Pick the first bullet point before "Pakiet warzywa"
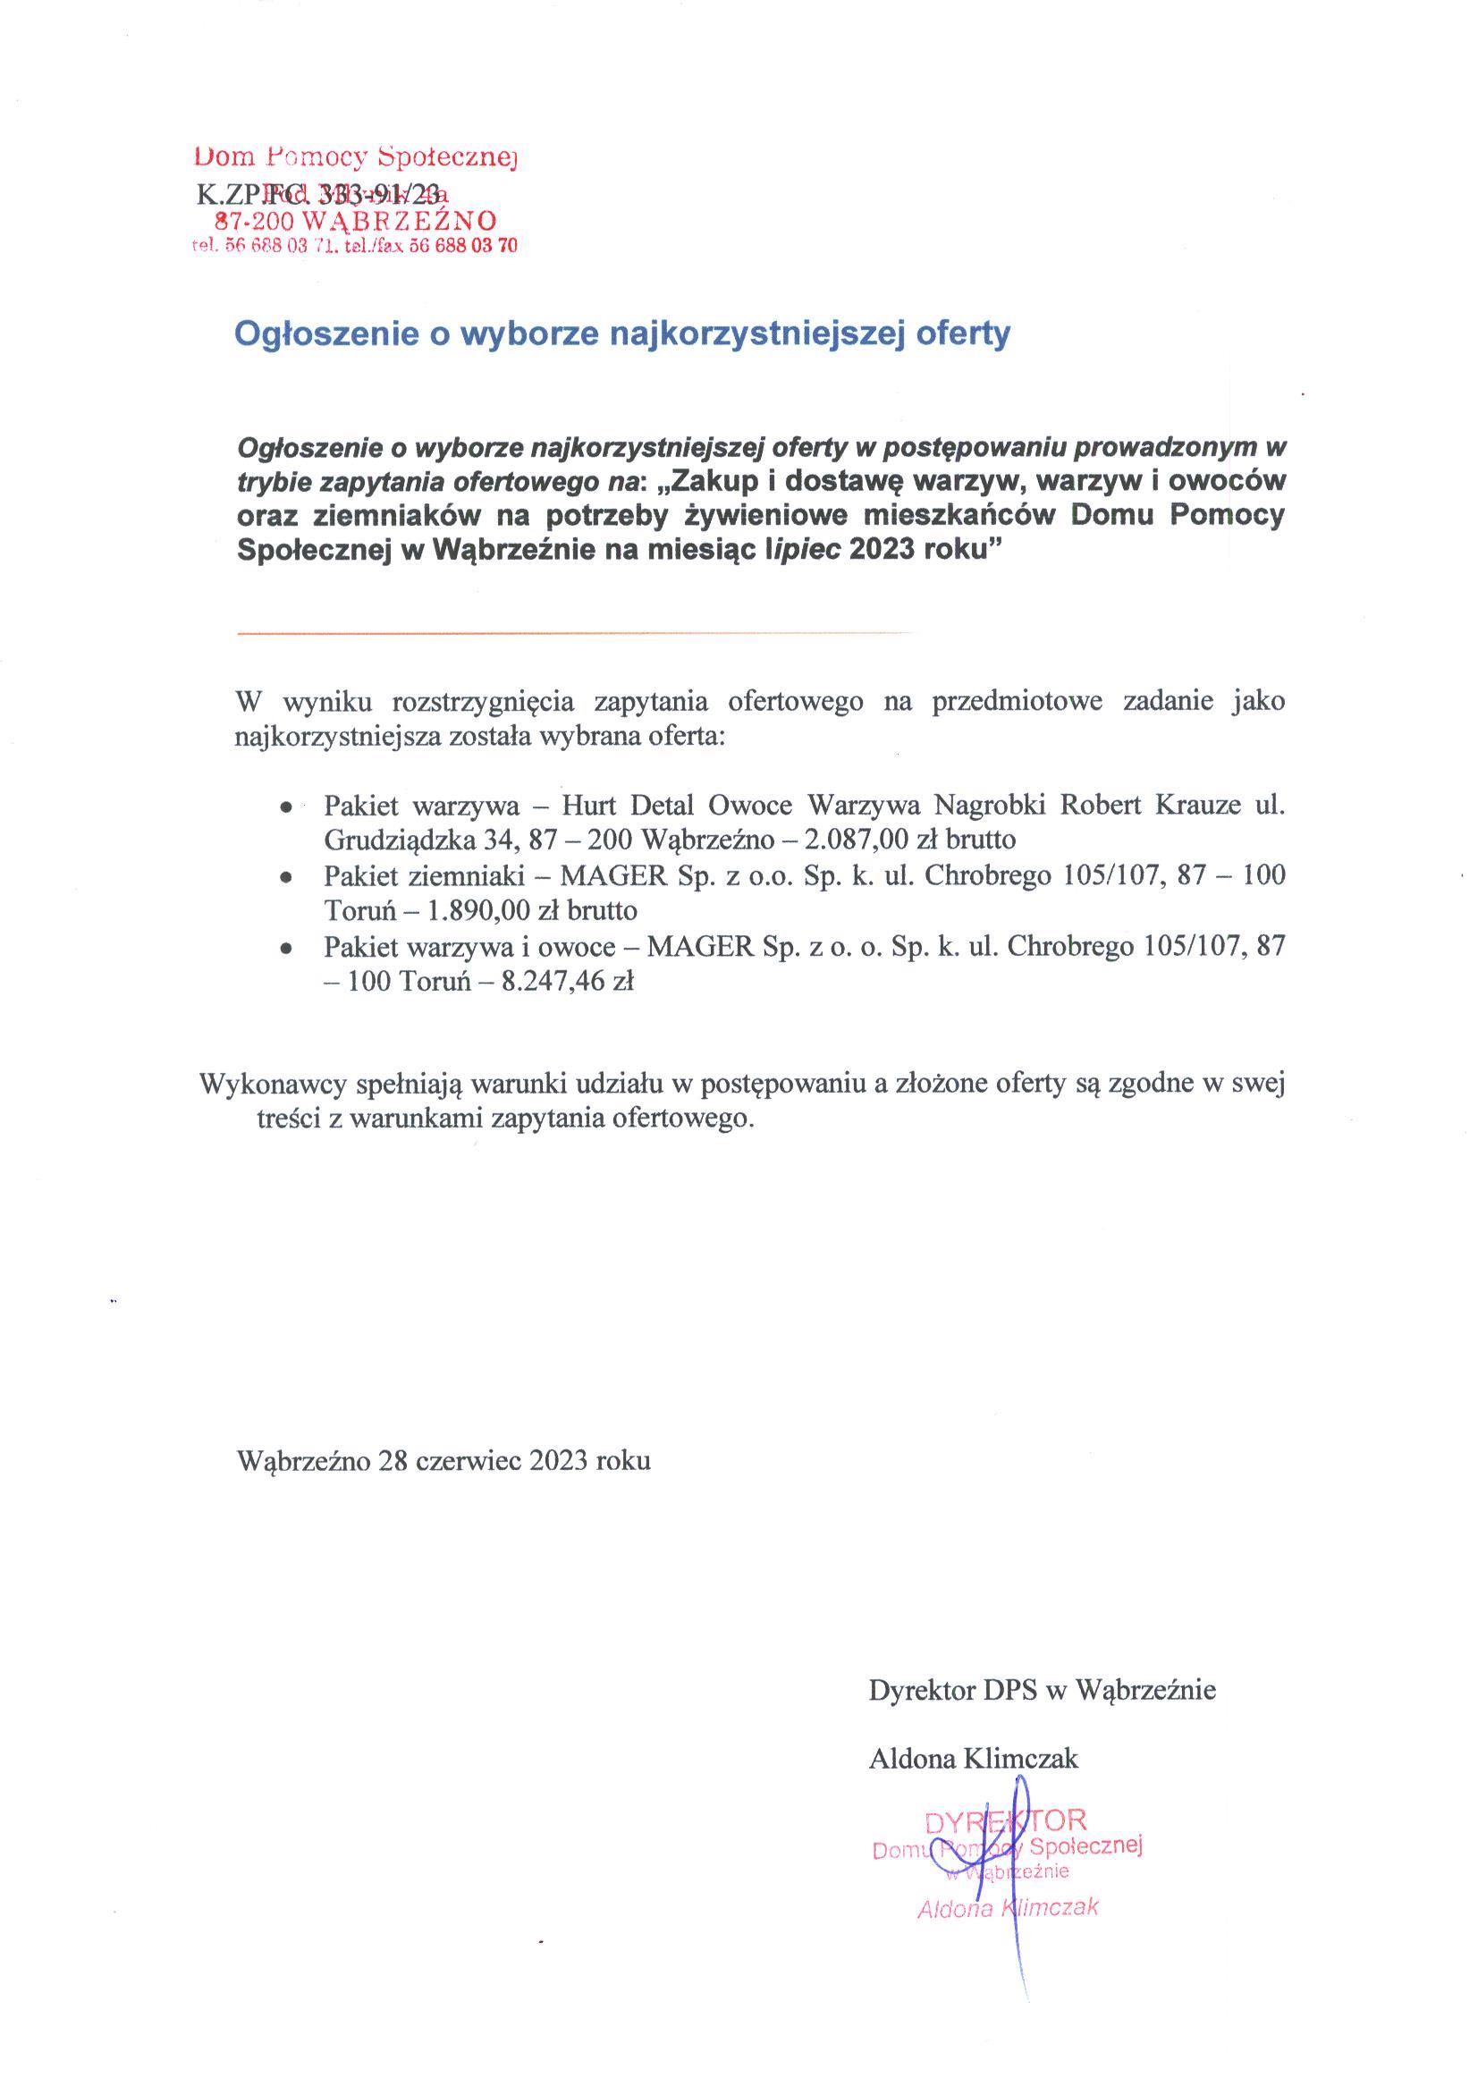pyautogui.click(x=287, y=807)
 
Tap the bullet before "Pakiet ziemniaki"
pyautogui.click(x=287, y=877)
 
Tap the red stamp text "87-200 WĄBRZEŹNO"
pyautogui.click(x=355, y=220)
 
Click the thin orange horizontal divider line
pyautogui.click(x=573, y=631)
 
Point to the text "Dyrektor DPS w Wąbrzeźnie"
pyautogui.click(x=1042, y=1690)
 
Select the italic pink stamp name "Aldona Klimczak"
pyautogui.click(x=1008, y=1909)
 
